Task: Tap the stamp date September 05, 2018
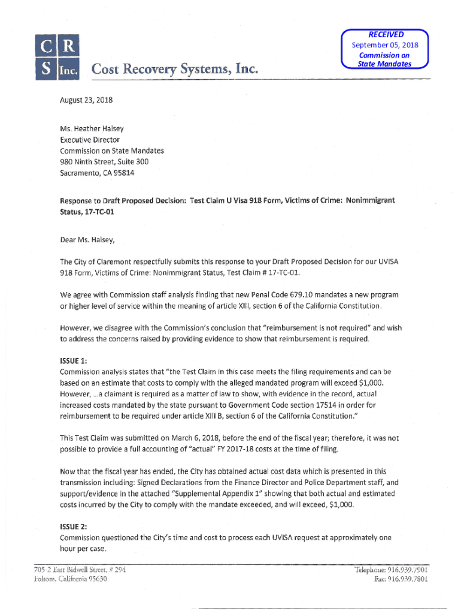coord(385,45)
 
